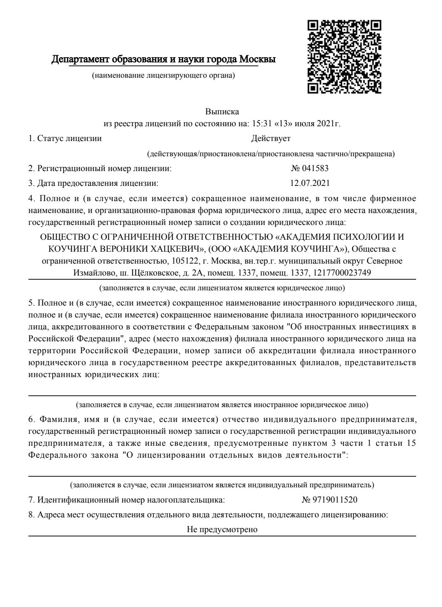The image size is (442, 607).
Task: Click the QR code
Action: coord(344,56)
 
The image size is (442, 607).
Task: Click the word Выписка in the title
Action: coord(222,112)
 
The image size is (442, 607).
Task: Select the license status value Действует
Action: coord(270,139)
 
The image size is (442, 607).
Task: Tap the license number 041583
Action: coord(315,168)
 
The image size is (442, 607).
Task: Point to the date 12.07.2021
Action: coord(310,183)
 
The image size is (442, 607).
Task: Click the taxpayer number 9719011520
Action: coord(335,500)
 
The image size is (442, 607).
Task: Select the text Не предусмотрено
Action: coord(222,529)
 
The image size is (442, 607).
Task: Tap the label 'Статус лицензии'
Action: coord(69,139)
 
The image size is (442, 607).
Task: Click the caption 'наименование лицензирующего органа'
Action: coord(163,75)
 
